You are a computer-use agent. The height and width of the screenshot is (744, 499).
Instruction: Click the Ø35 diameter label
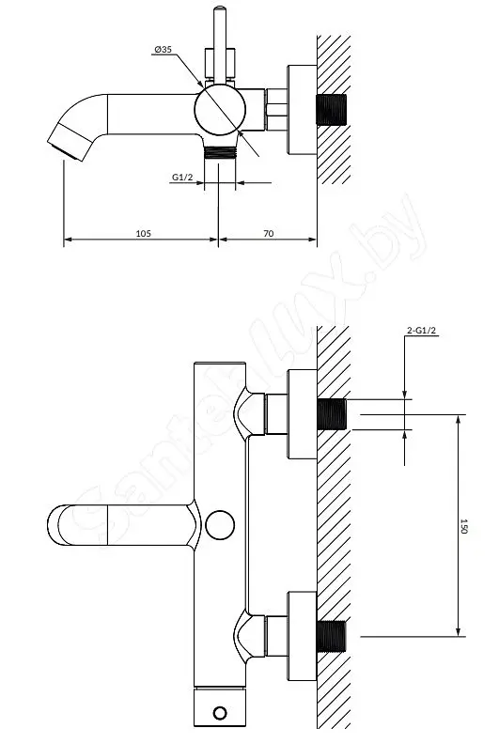tap(163, 50)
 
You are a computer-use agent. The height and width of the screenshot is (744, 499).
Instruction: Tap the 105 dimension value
tap(144, 233)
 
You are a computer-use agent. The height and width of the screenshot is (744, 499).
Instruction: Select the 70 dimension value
tap(268, 233)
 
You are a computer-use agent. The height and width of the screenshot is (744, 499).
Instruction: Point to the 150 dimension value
tap(464, 526)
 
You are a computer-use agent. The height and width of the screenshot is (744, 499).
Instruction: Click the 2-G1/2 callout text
tap(422, 331)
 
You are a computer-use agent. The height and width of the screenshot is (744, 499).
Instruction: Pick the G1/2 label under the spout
tap(182, 177)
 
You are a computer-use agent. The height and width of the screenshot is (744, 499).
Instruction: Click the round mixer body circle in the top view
tap(220, 110)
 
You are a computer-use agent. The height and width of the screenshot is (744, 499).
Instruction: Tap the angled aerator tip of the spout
tap(70, 142)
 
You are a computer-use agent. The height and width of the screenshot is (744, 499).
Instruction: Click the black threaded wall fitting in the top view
tap(332, 110)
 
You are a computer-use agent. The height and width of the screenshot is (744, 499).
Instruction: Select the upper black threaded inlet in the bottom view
tap(332, 414)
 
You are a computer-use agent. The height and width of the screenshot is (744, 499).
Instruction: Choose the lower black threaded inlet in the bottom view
tap(332, 636)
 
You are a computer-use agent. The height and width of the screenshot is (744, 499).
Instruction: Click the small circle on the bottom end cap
tap(220, 713)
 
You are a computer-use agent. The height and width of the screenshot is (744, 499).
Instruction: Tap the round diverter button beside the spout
tap(220, 525)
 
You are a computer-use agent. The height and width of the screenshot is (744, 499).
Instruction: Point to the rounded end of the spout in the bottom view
tap(54, 525)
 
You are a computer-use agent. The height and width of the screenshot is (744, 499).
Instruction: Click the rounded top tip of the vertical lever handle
tap(220, 8)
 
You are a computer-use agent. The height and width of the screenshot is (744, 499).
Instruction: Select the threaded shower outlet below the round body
tap(220, 152)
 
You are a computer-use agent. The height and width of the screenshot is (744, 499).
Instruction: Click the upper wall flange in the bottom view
tap(303, 414)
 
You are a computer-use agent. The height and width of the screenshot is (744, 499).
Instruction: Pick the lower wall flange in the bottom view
tap(303, 636)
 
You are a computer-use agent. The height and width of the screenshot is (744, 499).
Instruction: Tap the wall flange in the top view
tap(303, 110)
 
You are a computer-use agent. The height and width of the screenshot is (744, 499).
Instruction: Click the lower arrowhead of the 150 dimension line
tap(458, 632)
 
